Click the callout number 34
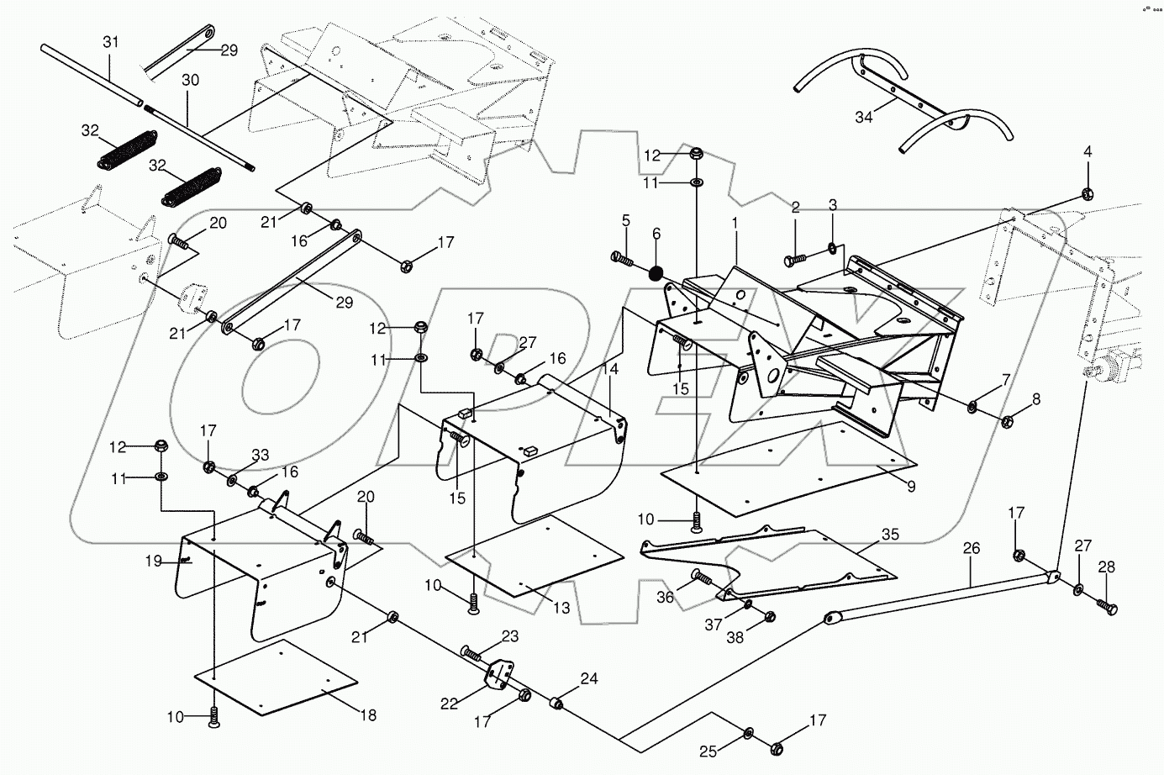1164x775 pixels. click(863, 117)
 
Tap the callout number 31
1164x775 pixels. click(112, 42)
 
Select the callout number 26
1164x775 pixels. click(972, 549)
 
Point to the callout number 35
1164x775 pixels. click(890, 534)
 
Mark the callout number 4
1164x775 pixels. click(1088, 152)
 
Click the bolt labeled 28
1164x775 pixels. click(1107, 604)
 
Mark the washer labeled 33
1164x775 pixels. click(233, 481)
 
